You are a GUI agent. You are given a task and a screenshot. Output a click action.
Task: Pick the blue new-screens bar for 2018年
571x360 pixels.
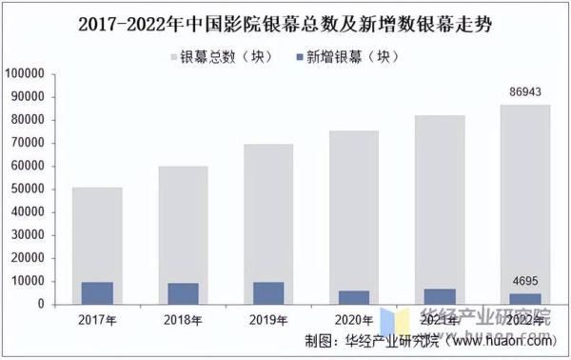pos(183,293)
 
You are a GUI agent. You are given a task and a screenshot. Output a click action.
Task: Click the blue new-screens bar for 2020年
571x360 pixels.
pos(353,297)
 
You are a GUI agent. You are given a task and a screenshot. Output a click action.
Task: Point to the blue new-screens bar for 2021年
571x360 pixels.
pos(439,296)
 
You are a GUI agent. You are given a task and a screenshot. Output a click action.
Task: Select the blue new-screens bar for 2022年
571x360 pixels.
pos(523,299)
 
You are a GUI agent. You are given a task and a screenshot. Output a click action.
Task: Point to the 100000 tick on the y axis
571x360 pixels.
pos(26,73)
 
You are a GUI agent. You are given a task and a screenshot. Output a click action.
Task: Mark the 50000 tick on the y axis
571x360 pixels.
pos(29,189)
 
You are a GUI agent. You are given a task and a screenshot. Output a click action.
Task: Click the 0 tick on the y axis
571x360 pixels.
pos(42,305)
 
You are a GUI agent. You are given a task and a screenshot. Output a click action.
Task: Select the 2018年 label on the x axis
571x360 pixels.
pos(183,320)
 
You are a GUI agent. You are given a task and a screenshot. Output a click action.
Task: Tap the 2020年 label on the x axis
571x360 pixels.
pos(353,320)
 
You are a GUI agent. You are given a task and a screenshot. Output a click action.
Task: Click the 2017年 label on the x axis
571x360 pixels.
pos(98,320)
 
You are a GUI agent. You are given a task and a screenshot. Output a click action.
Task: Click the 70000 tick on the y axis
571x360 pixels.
pos(29,143)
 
